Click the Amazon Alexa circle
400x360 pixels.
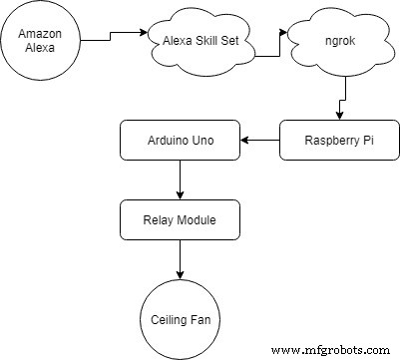[x=41, y=41]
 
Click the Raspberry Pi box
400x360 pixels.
[x=340, y=141]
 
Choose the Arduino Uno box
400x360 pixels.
[x=181, y=141]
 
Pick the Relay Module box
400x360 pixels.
[x=181, y=219]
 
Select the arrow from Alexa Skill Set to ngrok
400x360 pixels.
[x=269, y=45]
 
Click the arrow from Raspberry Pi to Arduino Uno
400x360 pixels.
[x=260, y=141]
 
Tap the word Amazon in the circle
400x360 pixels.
[x=41, y=34]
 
